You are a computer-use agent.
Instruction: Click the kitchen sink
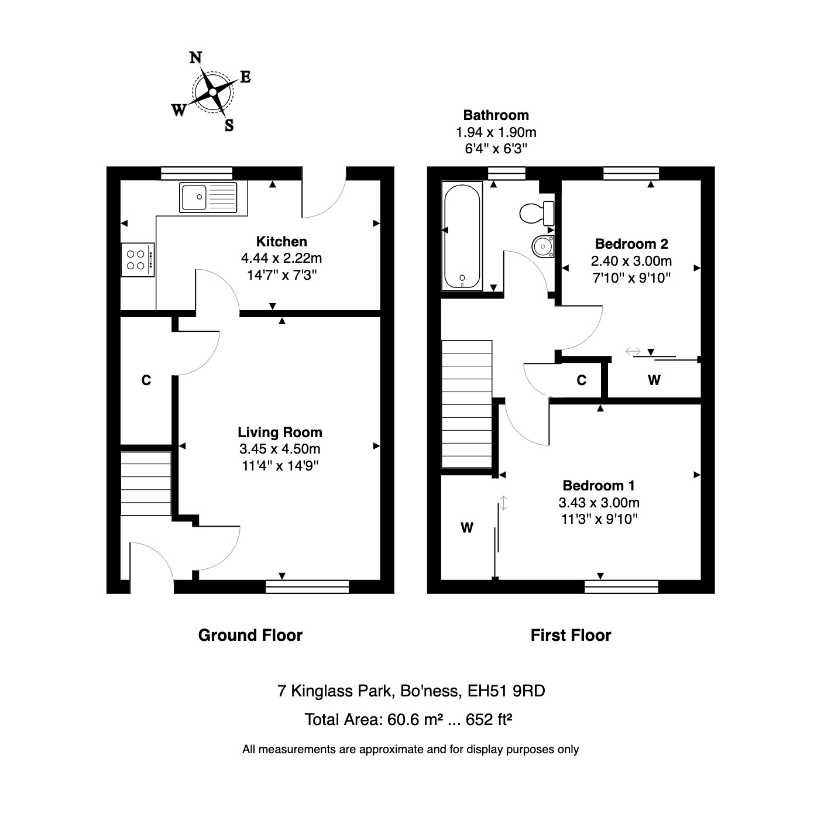[209, 197]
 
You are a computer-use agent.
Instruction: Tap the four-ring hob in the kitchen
[138, 260]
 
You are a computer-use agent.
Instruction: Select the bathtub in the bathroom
[462, 236]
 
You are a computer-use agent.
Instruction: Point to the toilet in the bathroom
[536, 213]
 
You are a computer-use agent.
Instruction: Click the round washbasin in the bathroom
[543, 246]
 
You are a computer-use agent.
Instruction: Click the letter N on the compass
[195, 57]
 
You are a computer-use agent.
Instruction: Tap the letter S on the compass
[229, 125]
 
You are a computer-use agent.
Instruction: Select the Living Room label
[280, 432]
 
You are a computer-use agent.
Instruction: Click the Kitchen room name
[281, 241]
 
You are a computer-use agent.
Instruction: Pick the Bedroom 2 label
[631, 244]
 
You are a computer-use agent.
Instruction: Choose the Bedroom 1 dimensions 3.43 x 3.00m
[599, 503]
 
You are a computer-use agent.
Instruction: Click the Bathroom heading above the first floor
[496, 115]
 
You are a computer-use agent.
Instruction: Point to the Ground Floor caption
[250, 636]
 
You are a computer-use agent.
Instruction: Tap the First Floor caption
[571, 636]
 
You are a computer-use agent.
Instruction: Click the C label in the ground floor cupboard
[146, 380]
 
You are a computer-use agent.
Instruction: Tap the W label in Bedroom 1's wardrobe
[466, 528]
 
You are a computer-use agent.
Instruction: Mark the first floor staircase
[466, 404]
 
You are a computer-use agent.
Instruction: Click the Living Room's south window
[307, 586]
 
